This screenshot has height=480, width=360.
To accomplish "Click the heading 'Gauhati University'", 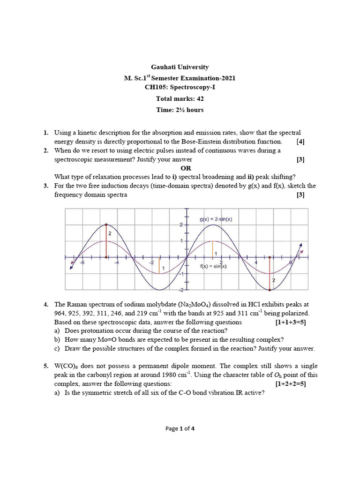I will (x=180, y=67).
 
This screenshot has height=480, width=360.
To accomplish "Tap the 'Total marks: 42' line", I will (x=180, y=99).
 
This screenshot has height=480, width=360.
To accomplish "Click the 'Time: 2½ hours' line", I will (x=180, y=110).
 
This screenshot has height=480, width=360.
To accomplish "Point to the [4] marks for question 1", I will (x=300, y=141).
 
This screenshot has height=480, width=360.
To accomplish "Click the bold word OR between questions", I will (x=186, y=168).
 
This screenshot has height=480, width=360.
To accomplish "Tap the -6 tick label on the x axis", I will (x=82, y=263).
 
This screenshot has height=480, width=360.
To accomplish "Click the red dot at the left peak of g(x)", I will (x=106, y=225).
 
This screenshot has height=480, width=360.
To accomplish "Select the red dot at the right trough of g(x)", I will (x=270, y=289).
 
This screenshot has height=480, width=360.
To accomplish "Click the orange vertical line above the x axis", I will (x=213, y=249).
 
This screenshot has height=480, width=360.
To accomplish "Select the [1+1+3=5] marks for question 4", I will (x=290, y=322).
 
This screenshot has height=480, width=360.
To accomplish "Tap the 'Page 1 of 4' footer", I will (x=180, y=428).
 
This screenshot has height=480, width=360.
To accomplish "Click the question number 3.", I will (x=46, y=186).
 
